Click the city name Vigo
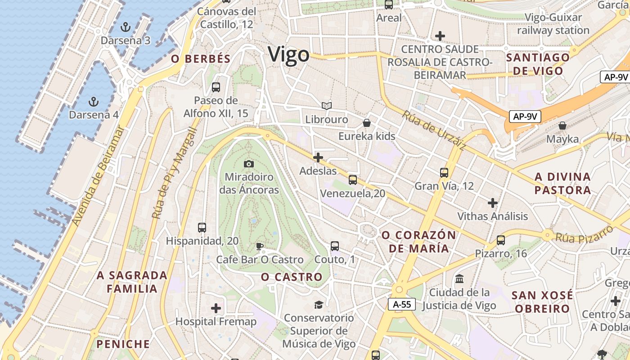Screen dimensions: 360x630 [x=288, y=55]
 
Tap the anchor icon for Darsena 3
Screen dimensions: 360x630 [x=126, y=27]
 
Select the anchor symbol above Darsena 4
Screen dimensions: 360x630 [x=94, y=101]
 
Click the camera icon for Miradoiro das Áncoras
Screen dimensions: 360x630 [x=248, y=164]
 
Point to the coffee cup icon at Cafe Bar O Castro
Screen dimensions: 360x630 [x=259, y=246]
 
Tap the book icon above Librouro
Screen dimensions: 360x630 [x=327, y=106]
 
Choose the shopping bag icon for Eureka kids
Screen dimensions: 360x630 [x=367, y=123]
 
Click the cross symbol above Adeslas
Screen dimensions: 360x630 [x=318, y=157]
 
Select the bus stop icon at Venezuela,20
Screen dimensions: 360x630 [x=353, y=180]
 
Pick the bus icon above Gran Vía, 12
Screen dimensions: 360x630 [x=444, y=172]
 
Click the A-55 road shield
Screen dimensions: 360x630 [x=402, y=304]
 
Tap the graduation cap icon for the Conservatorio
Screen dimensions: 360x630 [x=319, y=305]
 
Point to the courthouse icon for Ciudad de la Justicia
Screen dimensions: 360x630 [x=459, y=279]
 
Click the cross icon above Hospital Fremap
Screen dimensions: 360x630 [x=216, y=308]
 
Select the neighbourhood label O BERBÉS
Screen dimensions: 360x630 [x=201, y=59]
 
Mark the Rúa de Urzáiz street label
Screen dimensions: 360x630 [x=434, y=130]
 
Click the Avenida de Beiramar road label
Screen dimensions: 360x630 [x=98, y=176]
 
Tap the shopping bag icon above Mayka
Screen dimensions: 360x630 [x=562, y=126]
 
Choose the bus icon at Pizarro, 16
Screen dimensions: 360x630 [x=501, y=240]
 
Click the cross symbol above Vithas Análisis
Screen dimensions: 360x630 [x=493, y=203]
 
